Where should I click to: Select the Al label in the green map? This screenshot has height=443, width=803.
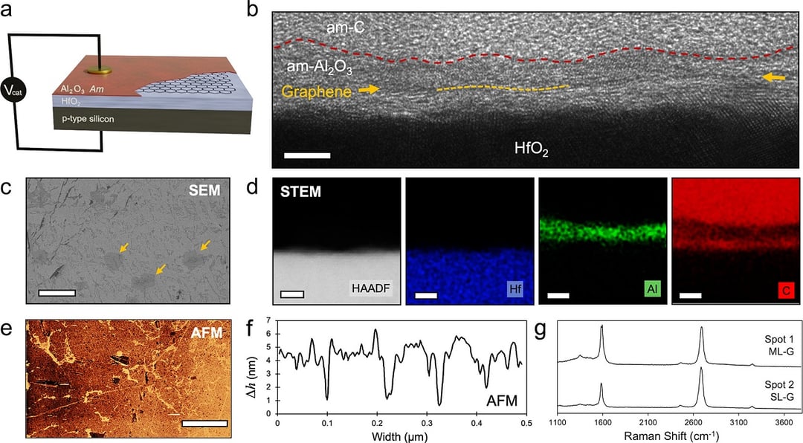coord(644,294)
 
